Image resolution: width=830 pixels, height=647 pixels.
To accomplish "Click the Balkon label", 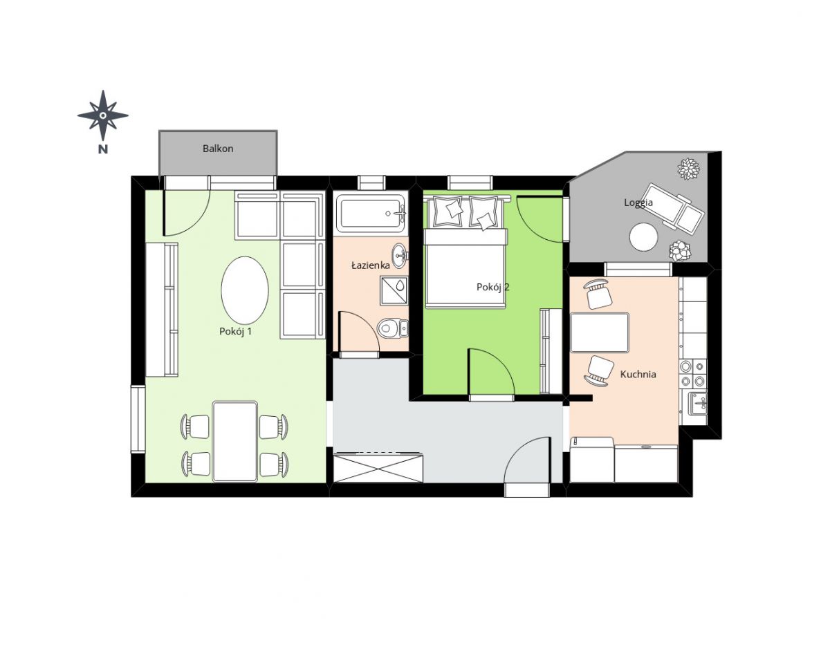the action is coord(218,149).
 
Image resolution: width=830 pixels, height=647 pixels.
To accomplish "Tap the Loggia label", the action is coord(638,203).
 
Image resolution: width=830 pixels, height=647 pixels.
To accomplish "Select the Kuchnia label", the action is coord(638,374).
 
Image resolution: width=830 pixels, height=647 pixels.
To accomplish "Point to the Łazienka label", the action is coord(371,265).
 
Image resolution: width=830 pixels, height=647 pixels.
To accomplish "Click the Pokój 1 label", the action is coord(235,331).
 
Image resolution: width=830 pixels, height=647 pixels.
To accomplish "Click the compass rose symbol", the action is coord(103,115).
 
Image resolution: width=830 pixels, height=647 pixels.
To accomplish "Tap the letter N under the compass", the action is coord(103,149).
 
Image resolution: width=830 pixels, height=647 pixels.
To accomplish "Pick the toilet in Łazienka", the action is coord(393,328).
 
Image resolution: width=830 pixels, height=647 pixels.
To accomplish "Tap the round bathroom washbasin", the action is coord(400,256).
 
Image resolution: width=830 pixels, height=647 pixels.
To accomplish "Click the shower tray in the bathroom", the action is coord(394,291).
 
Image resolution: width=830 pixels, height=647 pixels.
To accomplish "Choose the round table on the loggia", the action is coord(644,237).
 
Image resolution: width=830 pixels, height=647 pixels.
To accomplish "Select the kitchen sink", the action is coord(697,404).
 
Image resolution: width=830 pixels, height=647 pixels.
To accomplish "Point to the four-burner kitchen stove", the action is coord(693,373).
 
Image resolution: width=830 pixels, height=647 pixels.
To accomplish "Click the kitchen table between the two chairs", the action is coord(599,332).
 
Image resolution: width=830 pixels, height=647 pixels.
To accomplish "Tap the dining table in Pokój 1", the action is coord(235,441).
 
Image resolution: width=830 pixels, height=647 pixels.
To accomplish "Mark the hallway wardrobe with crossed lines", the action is coord(378,467).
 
